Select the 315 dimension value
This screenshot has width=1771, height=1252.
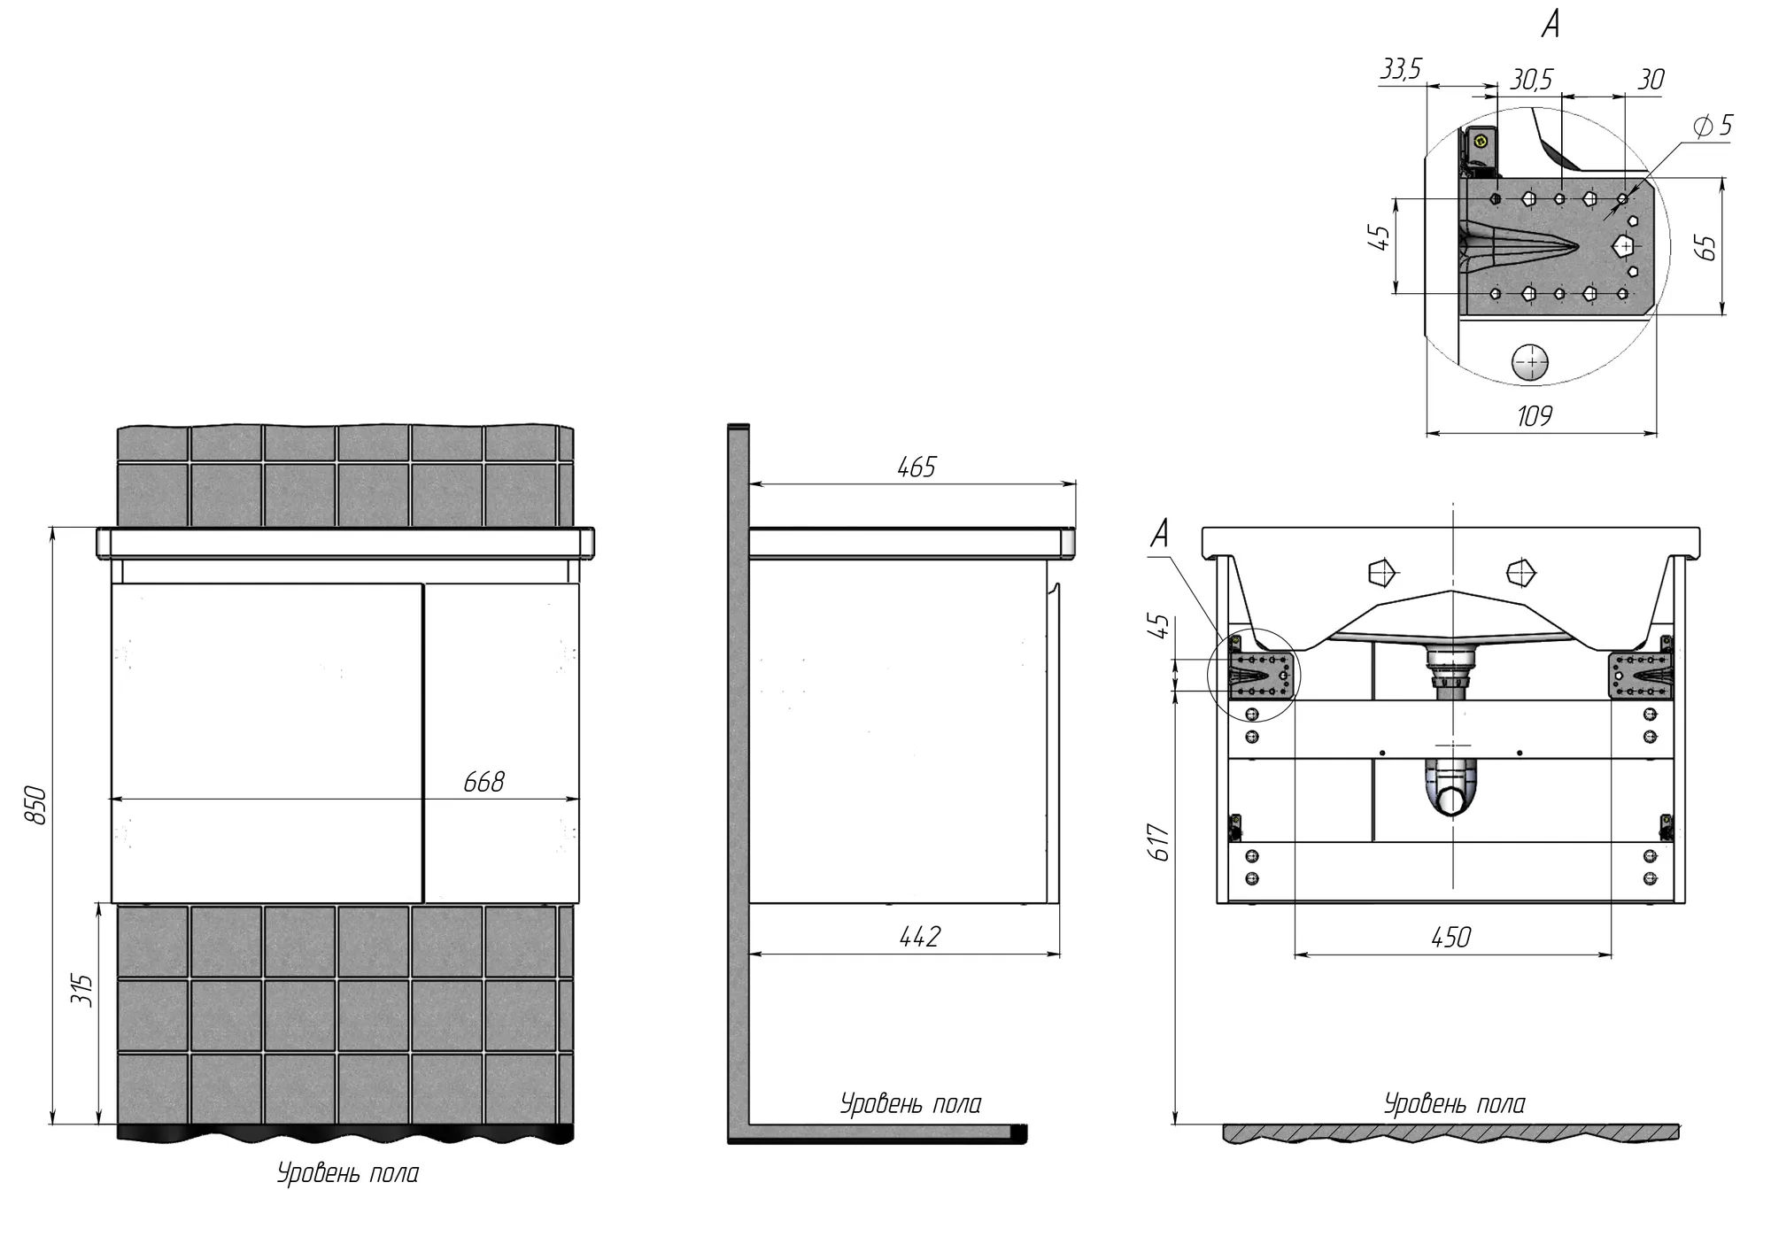coord(81,990)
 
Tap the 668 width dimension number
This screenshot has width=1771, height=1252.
coord(483,782)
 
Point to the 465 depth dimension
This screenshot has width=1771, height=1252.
coord(916,467)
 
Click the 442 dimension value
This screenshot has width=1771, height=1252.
coord(919,936)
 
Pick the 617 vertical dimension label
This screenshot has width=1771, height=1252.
coord(1161,842)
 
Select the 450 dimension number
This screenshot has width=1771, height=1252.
coord(1450,937)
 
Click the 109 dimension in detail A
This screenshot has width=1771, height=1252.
coord(1535,415)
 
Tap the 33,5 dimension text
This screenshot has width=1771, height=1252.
coord(1400,69)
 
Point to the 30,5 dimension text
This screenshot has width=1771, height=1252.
coord(1531,80)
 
